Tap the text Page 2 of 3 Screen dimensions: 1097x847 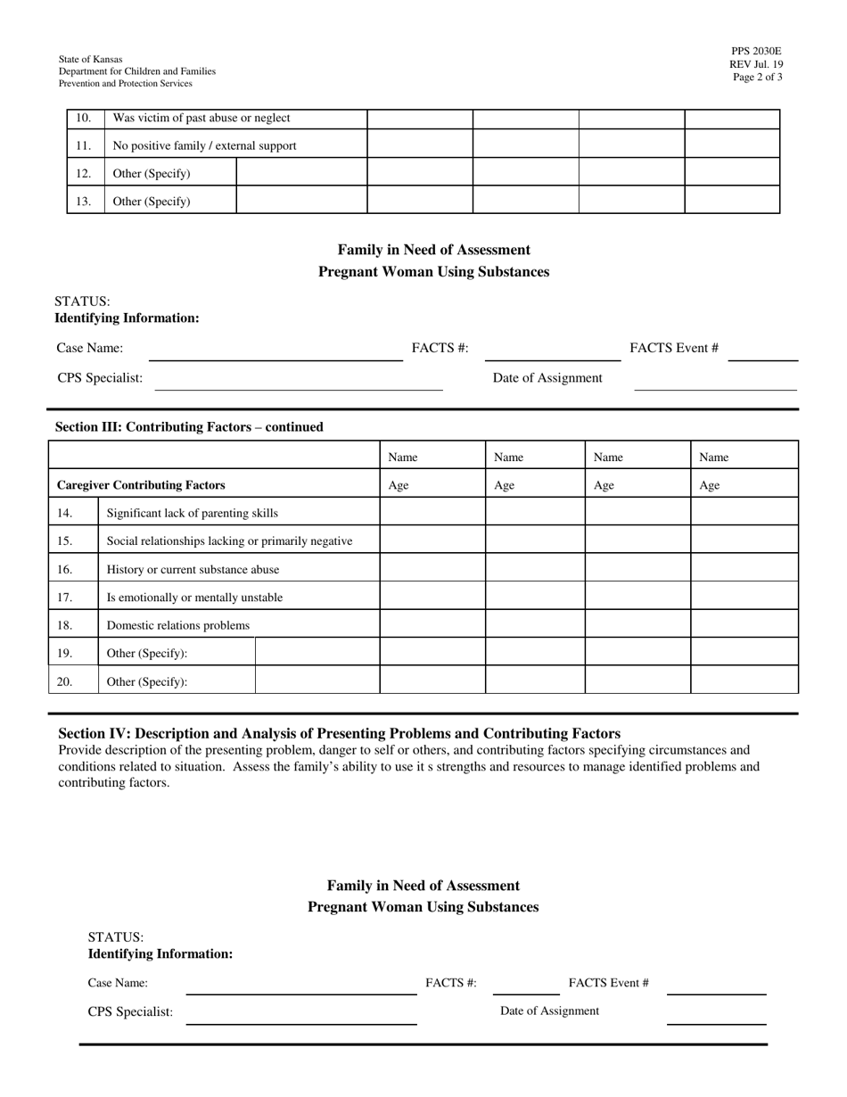[757, 78]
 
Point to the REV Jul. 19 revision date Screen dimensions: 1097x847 [756, 64]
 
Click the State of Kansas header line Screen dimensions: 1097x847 [91, 59]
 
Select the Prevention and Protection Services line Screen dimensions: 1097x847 [125, 84]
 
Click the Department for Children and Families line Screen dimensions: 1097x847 [136, 71]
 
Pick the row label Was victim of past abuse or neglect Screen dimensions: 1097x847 [201, 118]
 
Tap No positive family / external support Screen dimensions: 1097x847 [204, 145]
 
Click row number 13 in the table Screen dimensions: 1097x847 [83, 201]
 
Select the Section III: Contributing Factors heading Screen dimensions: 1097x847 [189, 427]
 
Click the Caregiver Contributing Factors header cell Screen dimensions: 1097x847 [141, 485]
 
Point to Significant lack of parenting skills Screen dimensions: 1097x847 [192, 513]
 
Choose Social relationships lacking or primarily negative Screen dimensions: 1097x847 [229, 540]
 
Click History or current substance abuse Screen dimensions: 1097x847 [193, 569]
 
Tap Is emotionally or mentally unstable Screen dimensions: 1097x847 [194, 598]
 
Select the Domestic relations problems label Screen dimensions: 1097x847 [178, 625]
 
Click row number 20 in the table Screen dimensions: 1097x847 [64, 681]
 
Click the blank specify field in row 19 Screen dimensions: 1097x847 [317, 653]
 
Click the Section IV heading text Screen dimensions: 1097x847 [339, 734]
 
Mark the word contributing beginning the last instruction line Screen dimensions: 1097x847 [92, 783]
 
